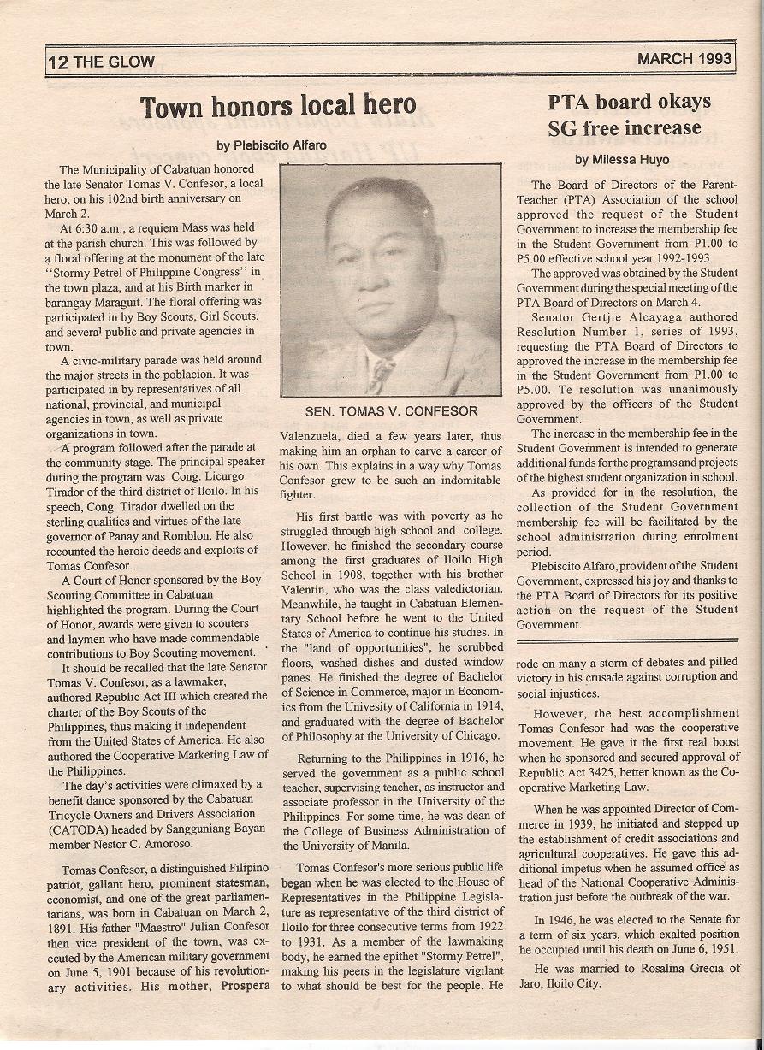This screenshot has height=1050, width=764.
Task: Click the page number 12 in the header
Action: coord(59,62)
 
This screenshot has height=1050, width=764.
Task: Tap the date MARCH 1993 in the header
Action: coord(684,59)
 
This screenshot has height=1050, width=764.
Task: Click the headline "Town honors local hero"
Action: coord(278,106)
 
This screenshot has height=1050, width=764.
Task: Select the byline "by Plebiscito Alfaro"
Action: coord(271,145)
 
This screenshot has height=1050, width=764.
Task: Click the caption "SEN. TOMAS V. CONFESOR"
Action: coord(391,411)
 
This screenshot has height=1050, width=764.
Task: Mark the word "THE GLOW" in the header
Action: coord(115,62)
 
